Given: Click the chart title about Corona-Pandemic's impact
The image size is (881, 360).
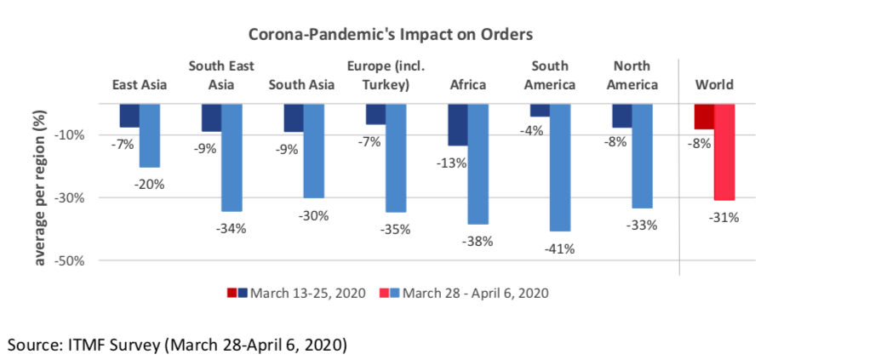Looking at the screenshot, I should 390,35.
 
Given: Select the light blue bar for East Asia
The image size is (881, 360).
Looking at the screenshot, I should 150,135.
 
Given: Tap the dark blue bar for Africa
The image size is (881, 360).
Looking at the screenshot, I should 458,124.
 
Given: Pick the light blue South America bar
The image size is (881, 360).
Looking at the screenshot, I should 560,167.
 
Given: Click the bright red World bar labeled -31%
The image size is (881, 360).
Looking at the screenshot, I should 724,151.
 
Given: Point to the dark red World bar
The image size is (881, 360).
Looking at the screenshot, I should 704,117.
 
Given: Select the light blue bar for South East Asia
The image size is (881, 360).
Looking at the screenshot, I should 232,157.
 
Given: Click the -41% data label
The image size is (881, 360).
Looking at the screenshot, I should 562,249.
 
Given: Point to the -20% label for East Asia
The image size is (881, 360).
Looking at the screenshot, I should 150,184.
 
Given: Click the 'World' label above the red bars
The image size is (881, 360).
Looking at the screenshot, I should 714,84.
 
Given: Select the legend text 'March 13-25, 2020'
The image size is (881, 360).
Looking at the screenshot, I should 312,293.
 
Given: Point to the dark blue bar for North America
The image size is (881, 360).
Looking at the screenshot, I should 622,116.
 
